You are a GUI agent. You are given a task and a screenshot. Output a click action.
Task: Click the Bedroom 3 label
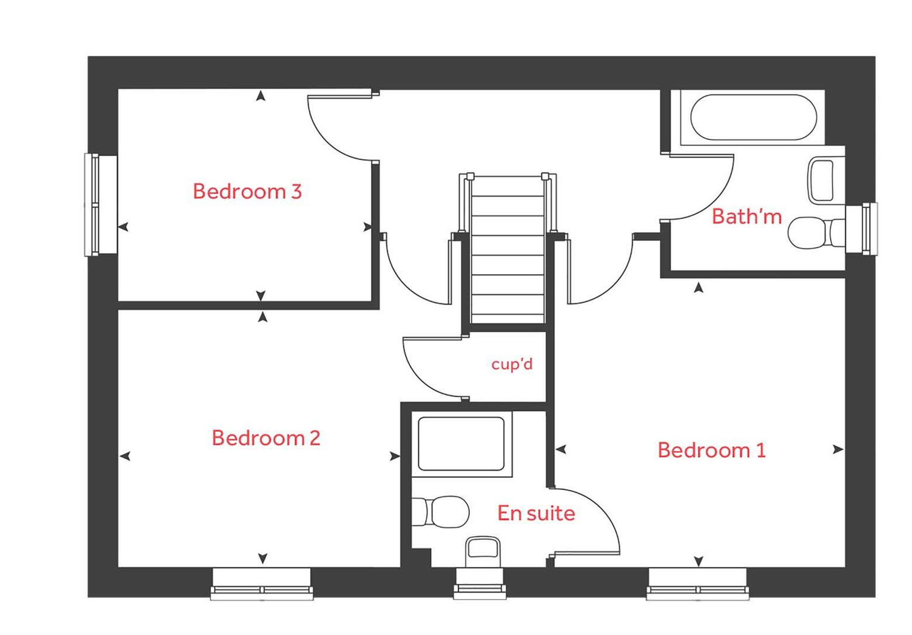247,192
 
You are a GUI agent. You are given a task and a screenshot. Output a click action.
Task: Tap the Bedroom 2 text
266,438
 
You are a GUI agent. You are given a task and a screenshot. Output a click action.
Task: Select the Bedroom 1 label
711,450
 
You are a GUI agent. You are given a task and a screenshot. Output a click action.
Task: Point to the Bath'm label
746,217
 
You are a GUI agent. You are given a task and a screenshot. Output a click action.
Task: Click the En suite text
536,513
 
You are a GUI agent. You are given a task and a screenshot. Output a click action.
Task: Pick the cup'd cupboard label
512,364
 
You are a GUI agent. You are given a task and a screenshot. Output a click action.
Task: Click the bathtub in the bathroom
753,117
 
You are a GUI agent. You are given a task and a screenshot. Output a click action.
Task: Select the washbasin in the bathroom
822,180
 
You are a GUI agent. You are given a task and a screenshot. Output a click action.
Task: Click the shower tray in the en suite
461,443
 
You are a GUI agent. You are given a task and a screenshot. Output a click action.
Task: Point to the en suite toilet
441,511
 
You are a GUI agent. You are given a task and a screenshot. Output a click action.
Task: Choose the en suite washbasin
483,551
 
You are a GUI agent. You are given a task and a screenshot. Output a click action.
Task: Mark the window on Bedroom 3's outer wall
95,205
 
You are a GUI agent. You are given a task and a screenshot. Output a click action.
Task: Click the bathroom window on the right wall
868,229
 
